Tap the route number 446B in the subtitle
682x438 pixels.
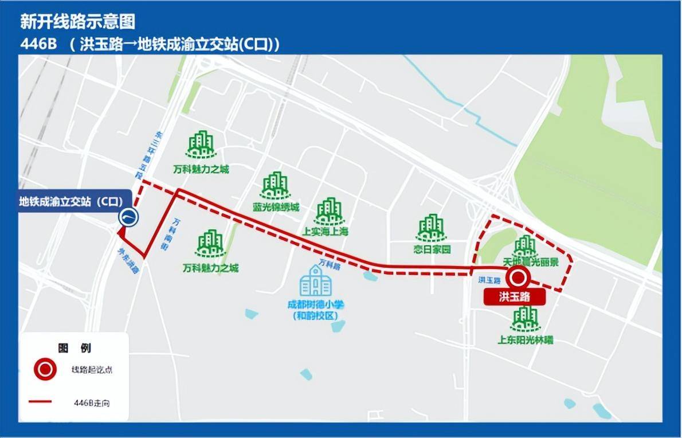pyautogui.click(x=38, y=45)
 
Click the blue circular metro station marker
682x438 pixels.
pyautogui.click(x=129, y=218)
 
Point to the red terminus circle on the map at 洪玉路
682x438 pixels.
pyautogui.click(x=519, y=278)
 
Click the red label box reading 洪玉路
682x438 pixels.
pyautogui.click(x=514, y=297)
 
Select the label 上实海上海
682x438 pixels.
pyautogui.click(x=325, y=232)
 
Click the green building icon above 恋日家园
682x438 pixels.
pyautogui.click(x=432, y=228)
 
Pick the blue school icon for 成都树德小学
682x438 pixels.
pyautogui.click(x=316, y=281)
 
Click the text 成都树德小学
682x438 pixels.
pyautogui.click(x=316, y=305)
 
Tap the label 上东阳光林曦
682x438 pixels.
pyautogui.click(x=526, y=340)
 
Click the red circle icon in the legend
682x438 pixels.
pyautogui.click(x=45, y=370)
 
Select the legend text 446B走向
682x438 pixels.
pyautogui.click(x=92, y=403)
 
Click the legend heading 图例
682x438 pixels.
pyautogui.click(x=75, y=348)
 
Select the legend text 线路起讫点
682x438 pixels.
pyautogui.click(x=92, y=370)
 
